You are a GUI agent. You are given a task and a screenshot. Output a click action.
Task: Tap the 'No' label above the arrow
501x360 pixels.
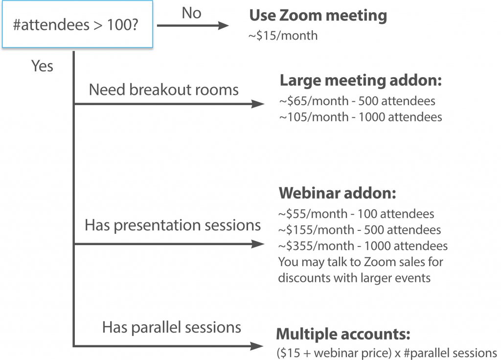pyautogui.click(x=191, y=13)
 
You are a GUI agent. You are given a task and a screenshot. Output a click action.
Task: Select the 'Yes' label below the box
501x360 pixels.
pyautogui.click(x=42, y=66)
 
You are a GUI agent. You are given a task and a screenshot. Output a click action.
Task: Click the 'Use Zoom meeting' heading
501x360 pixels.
pyautogui.click(x=318, y=16)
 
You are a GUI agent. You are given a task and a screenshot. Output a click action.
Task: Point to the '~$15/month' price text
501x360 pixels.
pyautogui.click(x=283, y=36)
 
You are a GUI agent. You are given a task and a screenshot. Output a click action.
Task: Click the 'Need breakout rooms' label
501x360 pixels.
pyautogui.click(x=164, y=90)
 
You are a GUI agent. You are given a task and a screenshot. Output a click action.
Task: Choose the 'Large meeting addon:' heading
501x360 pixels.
pyautogui.click(x=361, y=80)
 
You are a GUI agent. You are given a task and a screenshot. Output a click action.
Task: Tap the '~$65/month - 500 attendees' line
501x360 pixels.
pyautogui.click(x=357, y=102)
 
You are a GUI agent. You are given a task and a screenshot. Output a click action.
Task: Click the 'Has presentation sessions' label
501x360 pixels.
pyautogui.click(x=173, y=225)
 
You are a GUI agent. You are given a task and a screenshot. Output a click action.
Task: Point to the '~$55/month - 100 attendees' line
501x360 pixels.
pyautogui.click(x=356, y=214)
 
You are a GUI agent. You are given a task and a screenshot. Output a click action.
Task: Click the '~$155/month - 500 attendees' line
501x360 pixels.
pyautogui.click(x=359, y=230)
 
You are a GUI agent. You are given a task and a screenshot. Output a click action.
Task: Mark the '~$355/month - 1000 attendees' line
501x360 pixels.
pyautogui.click(x=362, y=246)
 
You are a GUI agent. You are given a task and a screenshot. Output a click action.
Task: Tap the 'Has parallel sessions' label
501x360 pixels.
pyautogui.click(x=171, y=327)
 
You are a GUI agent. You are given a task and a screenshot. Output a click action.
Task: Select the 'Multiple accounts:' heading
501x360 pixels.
pyautogui.click(x=343, y=335)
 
